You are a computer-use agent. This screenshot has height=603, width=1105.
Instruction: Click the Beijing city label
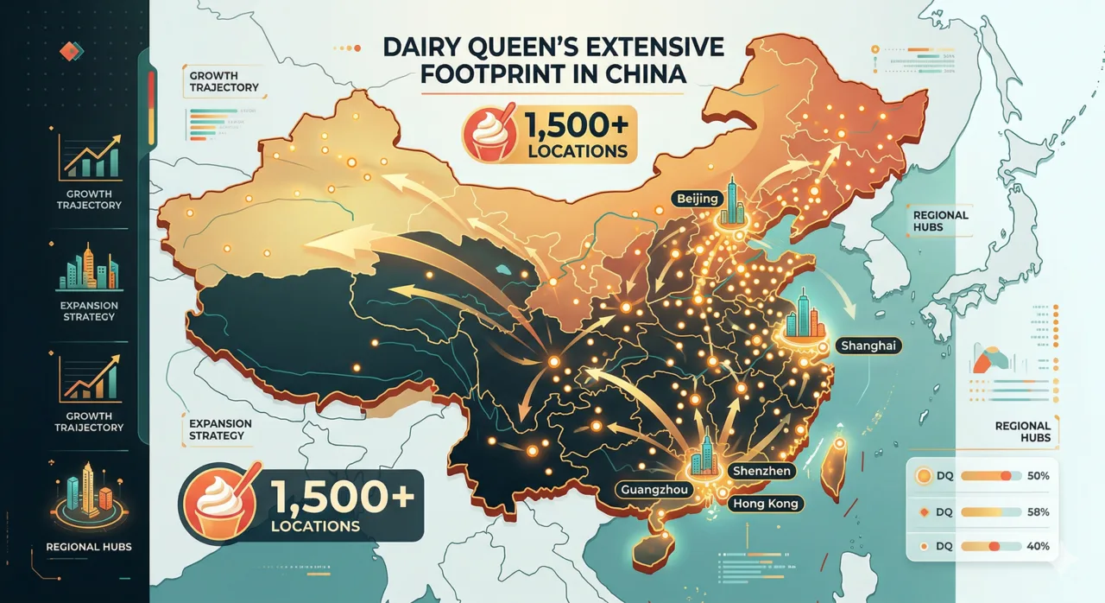pyautogui.click(x=697, y=199)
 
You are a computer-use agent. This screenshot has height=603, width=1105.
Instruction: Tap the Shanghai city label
pyautogui.click(x=869, y=346)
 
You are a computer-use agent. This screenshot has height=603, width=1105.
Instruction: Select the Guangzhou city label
pyautogui.click(x=657, y=490)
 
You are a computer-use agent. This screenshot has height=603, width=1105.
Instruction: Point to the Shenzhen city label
pyautogui.click(x=760, y=471)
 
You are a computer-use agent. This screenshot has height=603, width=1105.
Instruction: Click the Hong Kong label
pyautogui.click(x=766, y=503)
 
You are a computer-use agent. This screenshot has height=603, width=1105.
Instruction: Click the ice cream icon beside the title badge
pyautogui.click(x=487, y=134)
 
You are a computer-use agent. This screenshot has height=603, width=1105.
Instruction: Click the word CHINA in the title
pyautogui.click(x=640, y=75)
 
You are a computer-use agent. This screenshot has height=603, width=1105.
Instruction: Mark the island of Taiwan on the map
pyautogui.click(x=834, y=467)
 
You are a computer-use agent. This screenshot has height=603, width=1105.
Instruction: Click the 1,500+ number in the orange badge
pyautogui.click(x=575, y=129)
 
